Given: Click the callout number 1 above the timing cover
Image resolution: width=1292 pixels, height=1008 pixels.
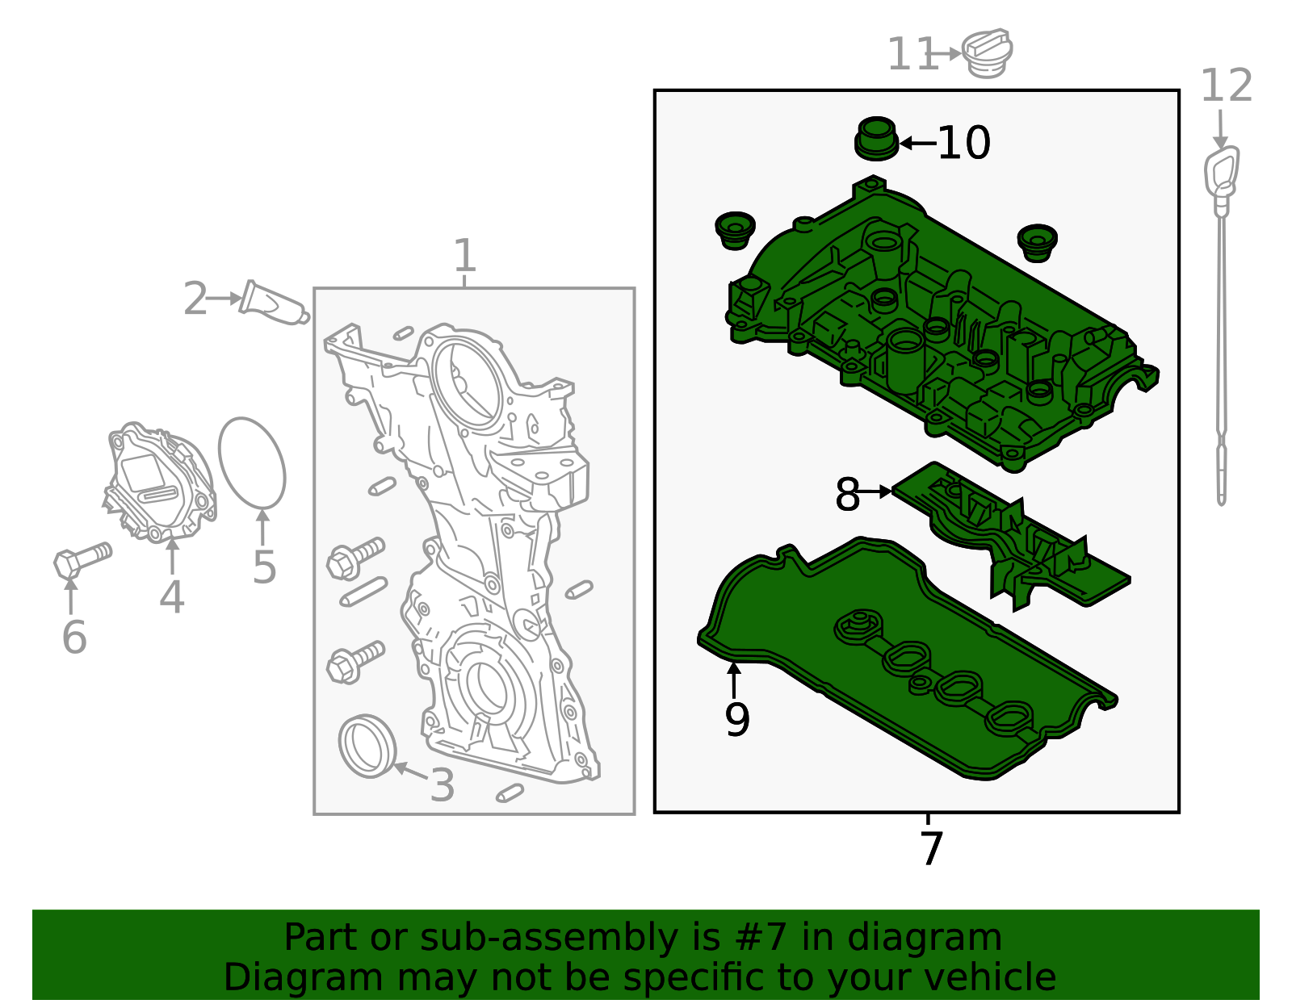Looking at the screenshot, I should pyautogui.click(x=464, y=256).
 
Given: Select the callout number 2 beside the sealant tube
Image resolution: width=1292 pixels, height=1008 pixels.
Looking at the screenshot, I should pyautogui.click(x=195, y=299).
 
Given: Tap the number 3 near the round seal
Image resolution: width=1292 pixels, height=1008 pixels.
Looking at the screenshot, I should pyautogui.click(x=442, y=785).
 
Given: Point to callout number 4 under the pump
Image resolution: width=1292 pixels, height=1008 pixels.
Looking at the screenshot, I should pyautogui.click(x=171, y=597).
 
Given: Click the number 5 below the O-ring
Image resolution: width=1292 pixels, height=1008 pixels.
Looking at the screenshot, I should pyautogui.click(x=264, y=567).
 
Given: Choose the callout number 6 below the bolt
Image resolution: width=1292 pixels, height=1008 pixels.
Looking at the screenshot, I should pyautogui.click(x=73, y=638).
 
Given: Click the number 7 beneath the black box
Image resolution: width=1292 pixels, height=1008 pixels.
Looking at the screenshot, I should pyautogui.click(x=931, y=849).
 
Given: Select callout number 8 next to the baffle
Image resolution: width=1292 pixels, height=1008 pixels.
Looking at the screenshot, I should pyautogui.click(x=847, y=494).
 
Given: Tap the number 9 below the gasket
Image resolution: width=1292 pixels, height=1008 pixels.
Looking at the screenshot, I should pyautogui.click(x=736, y=719).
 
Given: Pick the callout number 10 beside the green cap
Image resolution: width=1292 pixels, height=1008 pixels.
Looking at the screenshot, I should pyautogui.click(x=963, y=144).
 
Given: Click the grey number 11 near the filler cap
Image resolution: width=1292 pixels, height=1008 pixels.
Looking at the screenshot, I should pyautogui.click(x=911, y=55).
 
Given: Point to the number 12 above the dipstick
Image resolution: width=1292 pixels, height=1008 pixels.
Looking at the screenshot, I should pyautogui.click(x=1226, y=86).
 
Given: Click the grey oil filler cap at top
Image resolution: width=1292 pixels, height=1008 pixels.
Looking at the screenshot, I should pyautogui.click(x=988, y=53).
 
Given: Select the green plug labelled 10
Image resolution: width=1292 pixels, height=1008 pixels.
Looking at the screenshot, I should pyautogui.click(x=876, y=139).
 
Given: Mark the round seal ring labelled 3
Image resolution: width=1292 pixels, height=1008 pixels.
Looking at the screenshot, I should pyautogui.click(x=367, y=746).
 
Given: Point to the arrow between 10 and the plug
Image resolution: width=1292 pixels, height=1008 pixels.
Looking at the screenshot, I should pyautogui.click(x=917, y=144).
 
